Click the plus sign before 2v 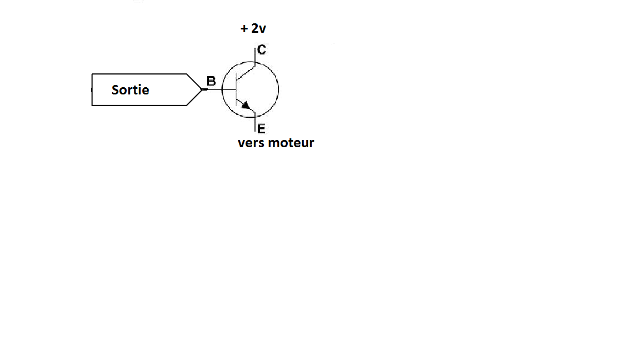point(244,29)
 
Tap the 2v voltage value point(258,29)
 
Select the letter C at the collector point(262,50)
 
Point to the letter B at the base point(211,81)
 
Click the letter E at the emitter point(262,129)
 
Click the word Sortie point(130,90)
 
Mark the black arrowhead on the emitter point(245,104)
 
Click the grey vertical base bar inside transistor point(236,89)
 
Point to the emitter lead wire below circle point(255,124)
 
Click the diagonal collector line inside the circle point(246,72)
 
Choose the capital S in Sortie point(116,90)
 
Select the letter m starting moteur point(273,143)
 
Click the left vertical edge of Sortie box point(92,89)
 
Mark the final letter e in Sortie point(146,91)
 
